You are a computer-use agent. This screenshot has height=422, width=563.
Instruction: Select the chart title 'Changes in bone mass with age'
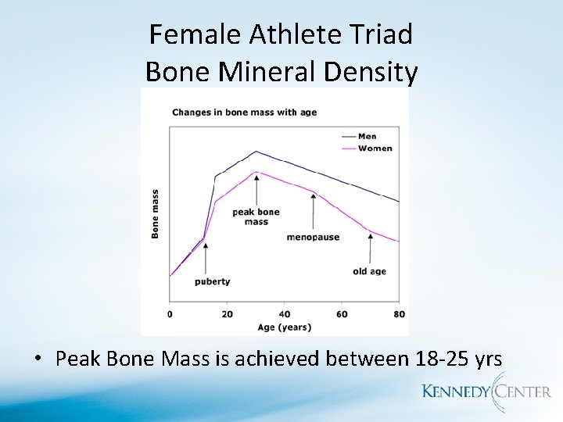tap(244, 113)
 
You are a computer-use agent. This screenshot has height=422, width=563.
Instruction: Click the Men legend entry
tap(367, 137)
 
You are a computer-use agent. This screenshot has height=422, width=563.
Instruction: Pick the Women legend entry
tap(374, 148)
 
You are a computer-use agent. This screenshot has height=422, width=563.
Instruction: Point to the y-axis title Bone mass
tap(155, 213)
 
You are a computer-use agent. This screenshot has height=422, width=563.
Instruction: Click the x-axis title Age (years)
tap(285, 327)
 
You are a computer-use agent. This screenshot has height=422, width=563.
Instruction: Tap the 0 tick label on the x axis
tap(170, 314)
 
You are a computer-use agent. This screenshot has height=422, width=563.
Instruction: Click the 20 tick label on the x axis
tap(228, 314)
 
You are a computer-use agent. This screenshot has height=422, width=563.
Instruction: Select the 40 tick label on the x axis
tap(285, 314)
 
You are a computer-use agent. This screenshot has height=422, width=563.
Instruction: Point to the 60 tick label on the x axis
tap(342, 314)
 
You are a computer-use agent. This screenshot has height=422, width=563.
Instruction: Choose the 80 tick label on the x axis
tap(399, 314)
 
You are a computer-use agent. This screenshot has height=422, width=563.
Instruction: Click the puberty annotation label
tap(212, 281)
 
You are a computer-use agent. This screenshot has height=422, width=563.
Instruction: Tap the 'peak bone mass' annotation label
tap(256, 216)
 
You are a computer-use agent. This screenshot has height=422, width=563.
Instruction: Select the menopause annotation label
tap(313, 237)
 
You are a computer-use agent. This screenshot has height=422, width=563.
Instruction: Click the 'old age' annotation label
tap(370, 272)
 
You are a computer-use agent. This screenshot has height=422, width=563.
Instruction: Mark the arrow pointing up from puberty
tap(206, 258)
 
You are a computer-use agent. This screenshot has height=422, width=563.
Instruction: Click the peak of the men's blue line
tap(256, 152)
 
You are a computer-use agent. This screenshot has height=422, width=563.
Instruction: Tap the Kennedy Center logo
tap(486, 392)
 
